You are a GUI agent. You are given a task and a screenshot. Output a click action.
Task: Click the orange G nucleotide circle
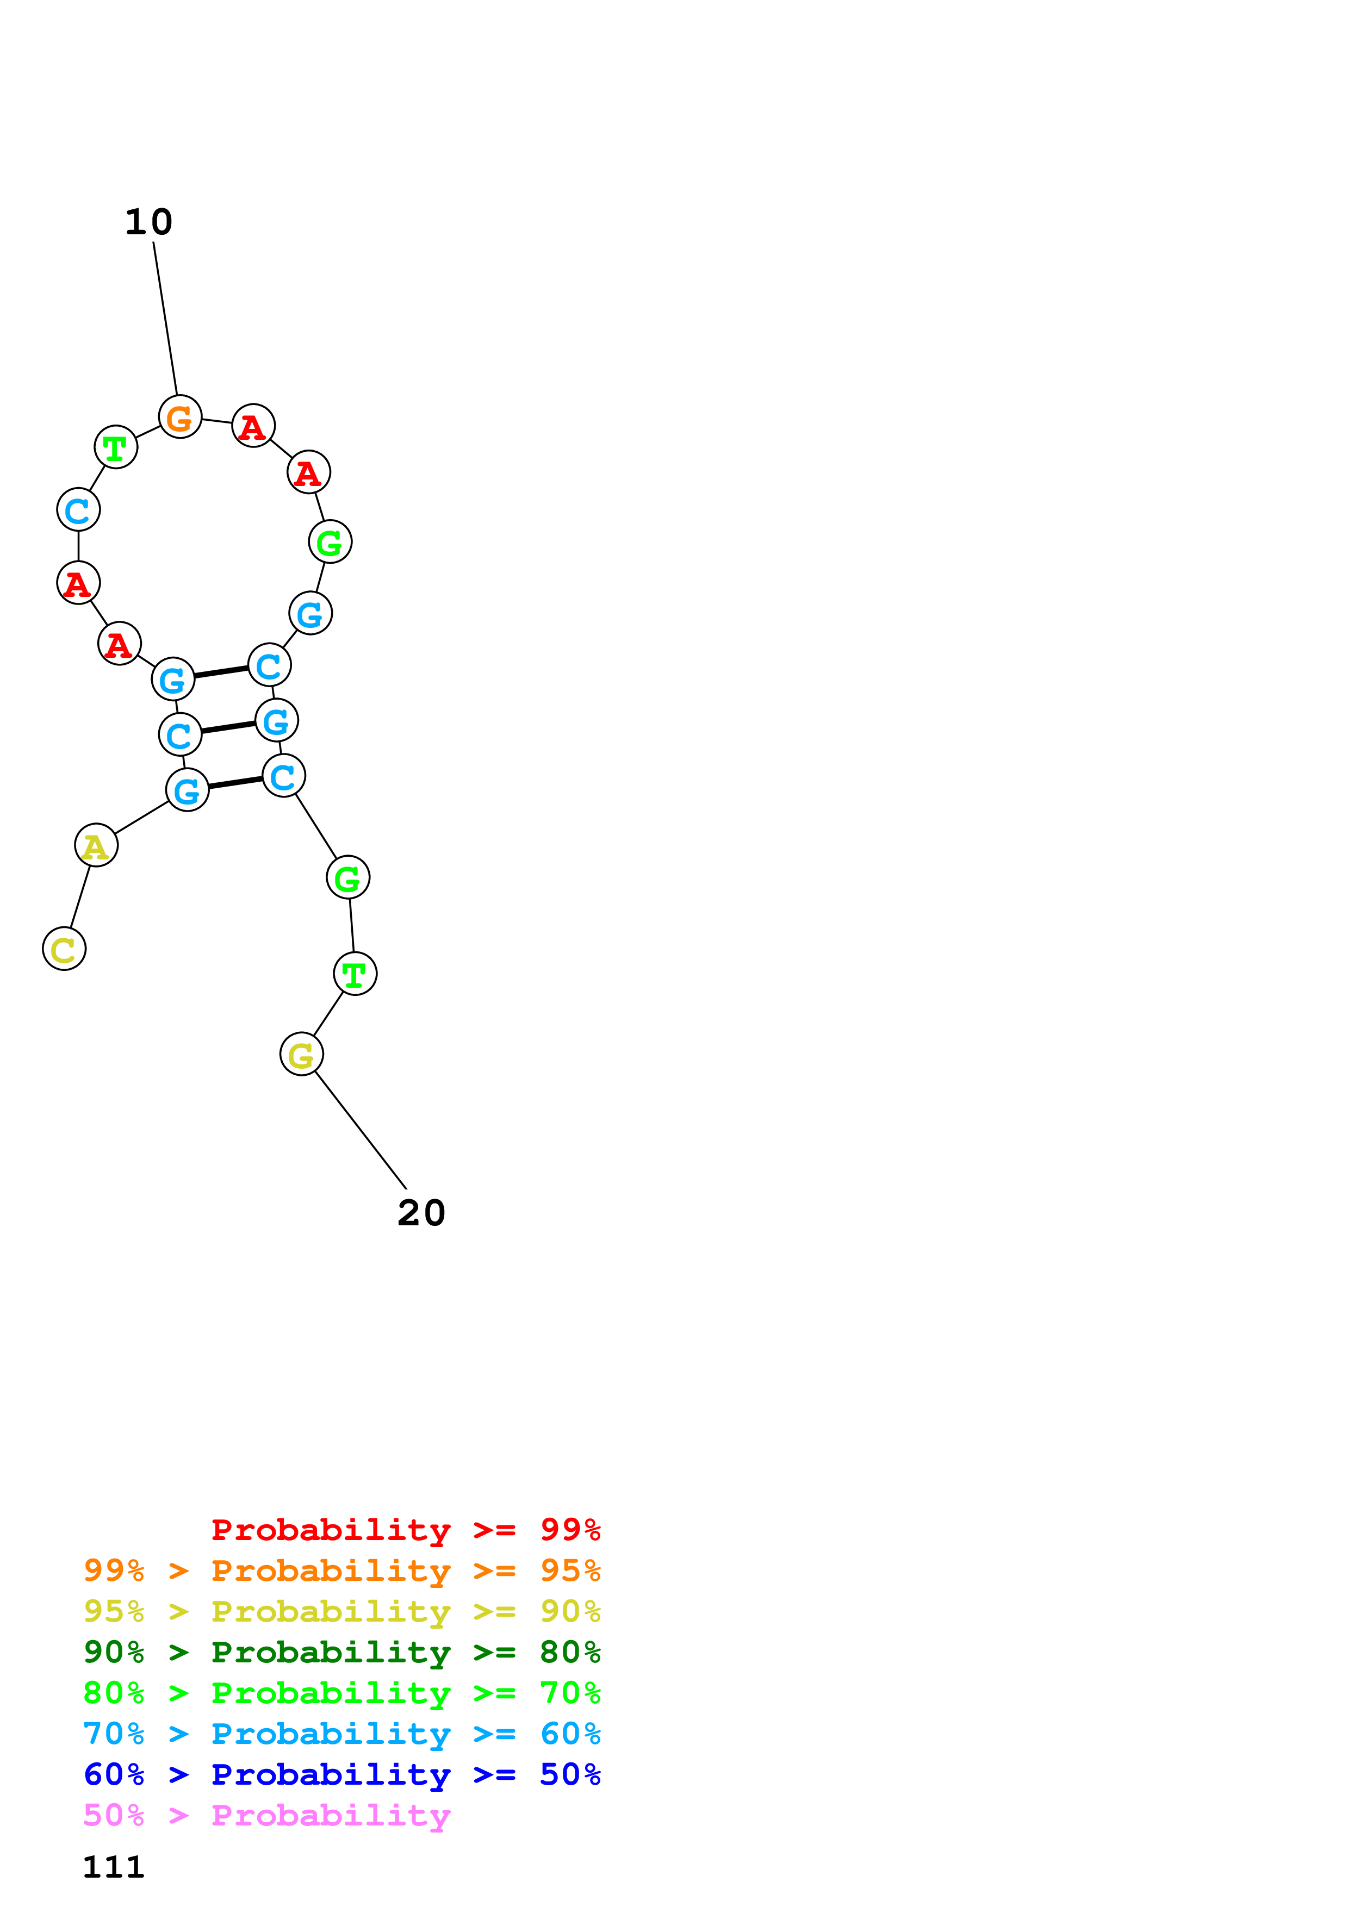coord(180,417)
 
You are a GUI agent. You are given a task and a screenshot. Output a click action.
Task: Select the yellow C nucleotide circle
coord(64,949)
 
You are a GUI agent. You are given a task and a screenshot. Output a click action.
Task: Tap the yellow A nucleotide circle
coord(96,845)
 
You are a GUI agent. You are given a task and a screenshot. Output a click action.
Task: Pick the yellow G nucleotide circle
coord(301,1054)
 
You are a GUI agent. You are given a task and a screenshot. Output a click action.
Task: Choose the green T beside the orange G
coord(115,447)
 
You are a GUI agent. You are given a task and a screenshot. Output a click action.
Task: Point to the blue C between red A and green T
coord(78,509)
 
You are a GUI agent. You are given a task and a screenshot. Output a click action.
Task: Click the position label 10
coord(148,222)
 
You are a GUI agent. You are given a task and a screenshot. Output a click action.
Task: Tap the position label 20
coord(421,1213)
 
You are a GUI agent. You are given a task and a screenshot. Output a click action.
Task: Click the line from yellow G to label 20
coord(361,1130)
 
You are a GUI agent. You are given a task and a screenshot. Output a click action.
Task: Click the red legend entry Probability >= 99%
coord(405,1529)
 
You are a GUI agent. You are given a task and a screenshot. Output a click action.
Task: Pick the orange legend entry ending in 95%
coord(341,1571)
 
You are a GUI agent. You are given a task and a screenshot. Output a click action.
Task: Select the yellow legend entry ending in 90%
coord(341,1611)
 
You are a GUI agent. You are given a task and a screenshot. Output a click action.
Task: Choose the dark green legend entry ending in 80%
coord(341,1652)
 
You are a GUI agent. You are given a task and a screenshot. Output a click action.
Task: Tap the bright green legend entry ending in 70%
coord(341,1693)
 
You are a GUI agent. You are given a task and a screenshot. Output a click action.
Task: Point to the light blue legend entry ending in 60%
coord(341,1734)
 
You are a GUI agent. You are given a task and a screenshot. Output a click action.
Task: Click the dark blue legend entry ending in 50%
coord(341,1774)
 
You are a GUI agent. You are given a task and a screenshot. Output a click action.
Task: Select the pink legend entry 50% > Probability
coord(266,1815)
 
